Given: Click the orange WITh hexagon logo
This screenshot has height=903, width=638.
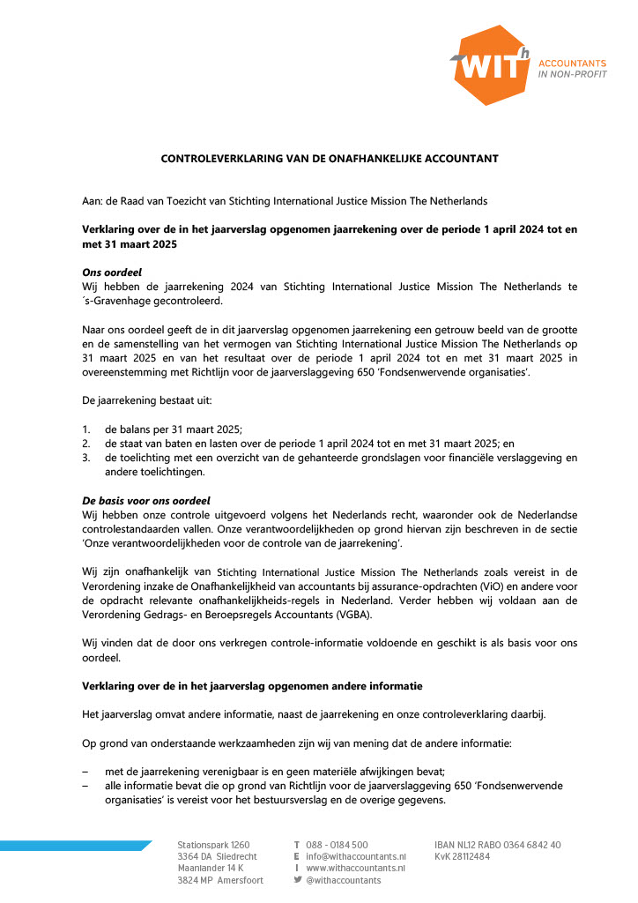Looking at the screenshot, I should (x=491, y=64).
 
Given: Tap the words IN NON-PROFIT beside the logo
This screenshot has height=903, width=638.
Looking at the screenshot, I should (x=572, y=74).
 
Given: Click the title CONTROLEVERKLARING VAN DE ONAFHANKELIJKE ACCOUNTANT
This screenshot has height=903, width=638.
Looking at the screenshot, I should (x=330, y=159).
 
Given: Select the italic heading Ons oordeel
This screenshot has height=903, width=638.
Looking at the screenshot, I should (x=112, y=272).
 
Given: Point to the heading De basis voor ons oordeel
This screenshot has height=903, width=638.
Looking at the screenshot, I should (x=146, y=500).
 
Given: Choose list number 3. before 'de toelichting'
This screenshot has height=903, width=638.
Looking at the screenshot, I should (x=86, y=458).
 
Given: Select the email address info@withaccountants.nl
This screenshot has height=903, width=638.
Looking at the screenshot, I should (x=356, y=856).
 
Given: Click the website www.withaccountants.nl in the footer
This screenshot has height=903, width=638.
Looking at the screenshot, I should (x=356, y=868).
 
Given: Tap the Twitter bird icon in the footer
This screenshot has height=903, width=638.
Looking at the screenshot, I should (x=297, y=880).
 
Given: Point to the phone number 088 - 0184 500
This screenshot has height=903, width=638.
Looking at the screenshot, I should (x=338, y=845).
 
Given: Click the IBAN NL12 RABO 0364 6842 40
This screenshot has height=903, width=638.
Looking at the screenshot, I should (x=498, y=845).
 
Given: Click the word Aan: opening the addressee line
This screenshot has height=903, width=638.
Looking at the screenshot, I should (x=92, y=201).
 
